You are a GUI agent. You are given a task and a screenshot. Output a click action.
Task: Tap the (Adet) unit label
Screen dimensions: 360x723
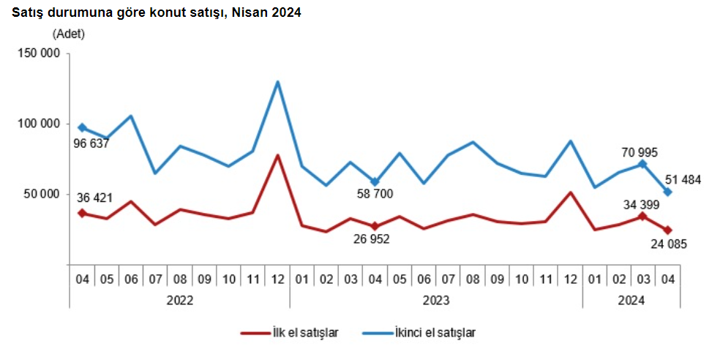pyautogui.click(x=69, y=34)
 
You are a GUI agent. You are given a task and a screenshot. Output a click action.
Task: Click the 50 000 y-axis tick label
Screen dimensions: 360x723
pyautogui.click(x=42, y=194)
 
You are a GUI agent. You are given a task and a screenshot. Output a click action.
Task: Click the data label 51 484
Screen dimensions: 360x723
pyautogui.click(x=682, y=179)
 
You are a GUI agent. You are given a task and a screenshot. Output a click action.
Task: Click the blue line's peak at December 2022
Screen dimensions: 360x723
pyautogui.click(x=277, y=81)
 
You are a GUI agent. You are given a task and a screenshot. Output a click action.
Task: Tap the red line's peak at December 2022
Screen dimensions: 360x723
pyautogui.click(x=277, y=155)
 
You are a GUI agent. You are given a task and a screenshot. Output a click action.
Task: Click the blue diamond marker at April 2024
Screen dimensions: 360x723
pyautogui.click(x=667, y=192)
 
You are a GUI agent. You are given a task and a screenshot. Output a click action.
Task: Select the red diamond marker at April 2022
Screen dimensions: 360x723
pyautogui.click(x=82, y=213)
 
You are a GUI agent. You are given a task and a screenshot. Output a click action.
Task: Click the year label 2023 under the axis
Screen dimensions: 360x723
pyautogui.click(x=436, y=300)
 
